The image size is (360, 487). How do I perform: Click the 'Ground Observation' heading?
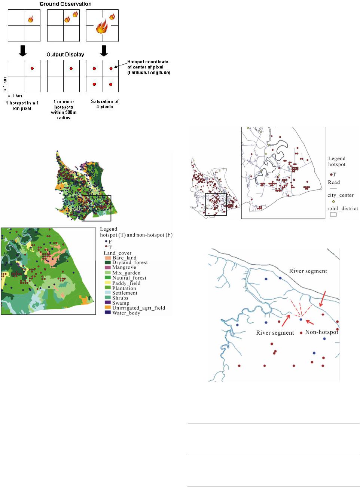click(65, 4)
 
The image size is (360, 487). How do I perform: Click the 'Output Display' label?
click(65, 54)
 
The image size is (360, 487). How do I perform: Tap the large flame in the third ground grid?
click(101, 27)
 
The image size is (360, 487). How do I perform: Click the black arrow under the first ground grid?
click(23, 50)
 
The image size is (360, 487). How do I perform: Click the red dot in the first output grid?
click(32, 69)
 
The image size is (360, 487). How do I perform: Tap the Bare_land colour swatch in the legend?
click(107, 258)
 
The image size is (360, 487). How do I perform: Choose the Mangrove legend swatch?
click(107, 268)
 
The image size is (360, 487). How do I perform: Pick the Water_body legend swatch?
click(107, 313)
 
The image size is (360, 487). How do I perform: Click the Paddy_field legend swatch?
click(107, 283)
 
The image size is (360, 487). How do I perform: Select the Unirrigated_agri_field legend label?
click(138, 308)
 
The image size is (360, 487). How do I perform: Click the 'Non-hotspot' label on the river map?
click(321, 332)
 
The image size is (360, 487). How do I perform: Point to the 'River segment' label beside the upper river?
click(308, 271)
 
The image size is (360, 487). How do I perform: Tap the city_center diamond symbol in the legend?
click(333, 201)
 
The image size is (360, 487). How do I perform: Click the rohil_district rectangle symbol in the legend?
click(333, 215)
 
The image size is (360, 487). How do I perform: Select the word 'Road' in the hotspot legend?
click(334, 182)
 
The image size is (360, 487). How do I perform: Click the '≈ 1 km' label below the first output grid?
click(15, 96)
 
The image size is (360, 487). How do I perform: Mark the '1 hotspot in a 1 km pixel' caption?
click(22, 106)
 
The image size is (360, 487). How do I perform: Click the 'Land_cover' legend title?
click(118, 253)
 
